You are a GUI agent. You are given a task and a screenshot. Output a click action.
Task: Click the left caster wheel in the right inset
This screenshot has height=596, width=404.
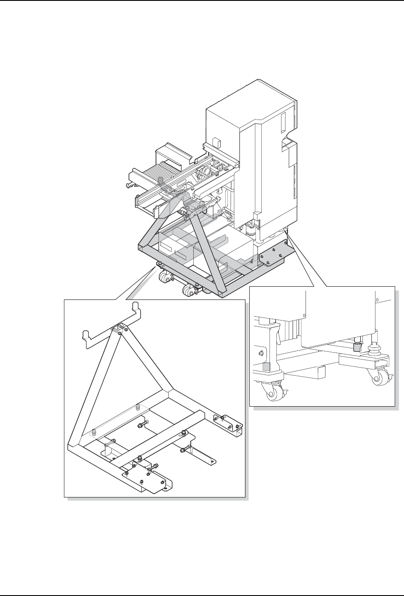pyautogui.click(x=273, y=393)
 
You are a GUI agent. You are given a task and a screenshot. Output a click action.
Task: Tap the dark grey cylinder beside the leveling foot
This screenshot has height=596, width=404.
pyautogui.click(x=356, y=346)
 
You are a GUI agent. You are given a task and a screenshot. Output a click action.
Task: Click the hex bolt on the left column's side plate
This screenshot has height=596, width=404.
pyautogui.click(x=260, y=353)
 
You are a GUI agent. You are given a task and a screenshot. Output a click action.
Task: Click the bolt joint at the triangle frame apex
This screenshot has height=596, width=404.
pyautogui.click(x=120, y=329)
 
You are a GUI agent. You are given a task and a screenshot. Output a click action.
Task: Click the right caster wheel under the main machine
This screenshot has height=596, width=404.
pyautogui.click(x=188, y=292)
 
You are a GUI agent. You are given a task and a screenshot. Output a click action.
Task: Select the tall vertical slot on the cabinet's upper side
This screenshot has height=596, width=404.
pyautogui.click(x=283, y=122)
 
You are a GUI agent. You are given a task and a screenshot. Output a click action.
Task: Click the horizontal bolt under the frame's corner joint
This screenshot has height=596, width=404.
pyautogui.click(x=142, y=425)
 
